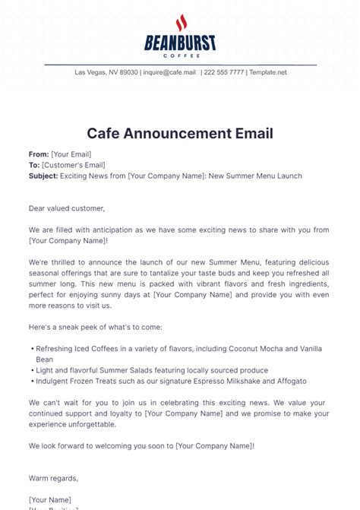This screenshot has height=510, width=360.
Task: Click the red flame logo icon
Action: pos(180,24)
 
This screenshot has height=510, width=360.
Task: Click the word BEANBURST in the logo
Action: pos(180,43)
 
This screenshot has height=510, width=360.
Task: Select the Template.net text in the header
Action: pos(268,72)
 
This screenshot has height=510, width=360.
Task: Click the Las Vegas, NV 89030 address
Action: pos(106,72)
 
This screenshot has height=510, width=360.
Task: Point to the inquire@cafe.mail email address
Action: pos(169,72)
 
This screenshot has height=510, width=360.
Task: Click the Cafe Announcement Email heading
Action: pos(180,134)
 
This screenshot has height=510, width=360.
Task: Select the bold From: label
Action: pos(39,154)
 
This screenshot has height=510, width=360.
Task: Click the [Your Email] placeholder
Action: pos(71,154)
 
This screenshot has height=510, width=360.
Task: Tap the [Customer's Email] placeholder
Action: pos(73,165)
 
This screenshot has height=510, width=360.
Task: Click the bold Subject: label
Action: pos(43,176)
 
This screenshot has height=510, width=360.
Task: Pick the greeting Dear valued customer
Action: pos(67,207)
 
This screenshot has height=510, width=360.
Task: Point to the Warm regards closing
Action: pos(53,478)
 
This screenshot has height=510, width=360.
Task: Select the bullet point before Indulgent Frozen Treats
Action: pos(31,381)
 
